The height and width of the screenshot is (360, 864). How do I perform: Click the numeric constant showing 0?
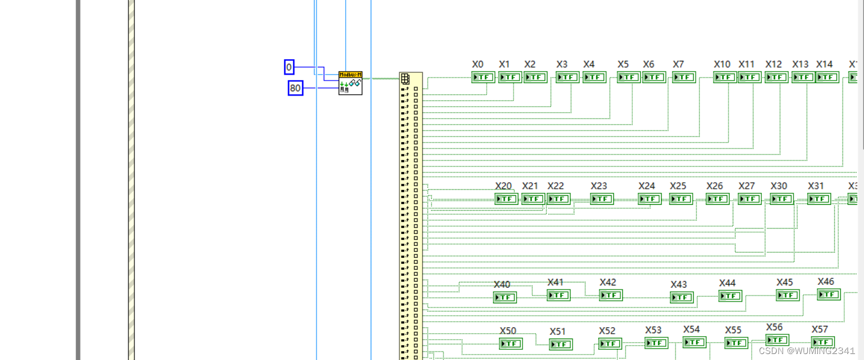pyautogui.click(x=289, y=67)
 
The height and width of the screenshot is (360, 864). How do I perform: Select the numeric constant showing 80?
pyautogui.click(x=295, y=88)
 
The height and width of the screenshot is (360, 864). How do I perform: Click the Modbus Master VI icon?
pyautogui.click(x=350, y=84)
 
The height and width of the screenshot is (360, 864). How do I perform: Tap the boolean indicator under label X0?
pyautogui.click(x=483, y=77)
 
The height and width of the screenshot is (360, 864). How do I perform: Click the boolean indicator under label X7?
pyautogui.click(x=684, y=77)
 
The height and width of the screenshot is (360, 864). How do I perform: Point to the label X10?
pyautogui.click(x=722, y=64)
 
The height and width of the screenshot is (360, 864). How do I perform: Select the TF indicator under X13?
pyautogui.click(x=803, y=77)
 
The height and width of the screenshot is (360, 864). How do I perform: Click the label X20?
pyautogui.click(x=503, y=186)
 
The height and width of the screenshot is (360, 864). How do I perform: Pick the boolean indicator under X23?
pyautogui.click(x=602, y=199)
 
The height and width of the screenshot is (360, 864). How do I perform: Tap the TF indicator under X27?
pyautogui.click(x=749, y=199)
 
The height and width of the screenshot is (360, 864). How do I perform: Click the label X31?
pyautogui.click(x=816, y=186)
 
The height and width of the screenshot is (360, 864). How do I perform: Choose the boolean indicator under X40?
pyautogui.click(x=505, y=297)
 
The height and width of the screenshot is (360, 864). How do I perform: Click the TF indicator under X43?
pyautogui.click(x=681, y=297)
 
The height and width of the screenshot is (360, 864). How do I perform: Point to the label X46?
pyautogui.click(x=826, y=282)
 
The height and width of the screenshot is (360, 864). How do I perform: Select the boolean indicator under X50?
pyautogui.click(x=511, y=344)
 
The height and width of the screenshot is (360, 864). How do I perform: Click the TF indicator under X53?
pyautogui.click(x=656, y=343)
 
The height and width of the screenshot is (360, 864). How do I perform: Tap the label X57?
pyautogui.click(x=820, y=330)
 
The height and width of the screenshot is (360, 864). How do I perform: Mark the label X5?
pyautogui.click(x=623, y=64)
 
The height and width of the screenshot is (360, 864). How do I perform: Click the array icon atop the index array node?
pyautogui.click(x=405, y=78)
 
